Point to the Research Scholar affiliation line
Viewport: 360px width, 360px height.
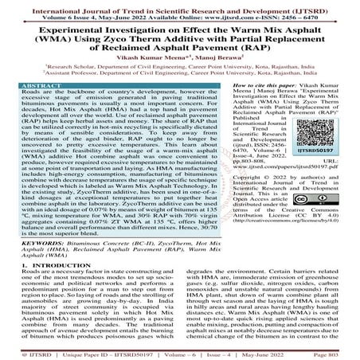coord(179,67)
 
